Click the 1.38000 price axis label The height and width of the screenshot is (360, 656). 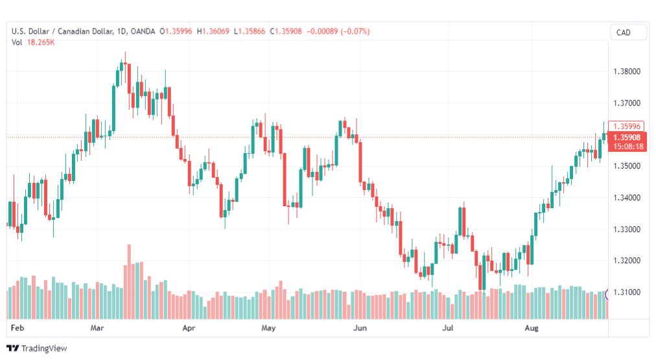tap(627, 71)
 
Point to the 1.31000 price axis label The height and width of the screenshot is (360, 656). tap(627, 292)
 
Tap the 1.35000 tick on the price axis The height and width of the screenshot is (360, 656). tap(627, 166)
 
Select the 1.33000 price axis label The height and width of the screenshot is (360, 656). tap(627, 230)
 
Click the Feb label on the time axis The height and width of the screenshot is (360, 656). tap(17, 328)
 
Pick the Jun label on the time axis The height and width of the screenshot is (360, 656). tap(360, 328)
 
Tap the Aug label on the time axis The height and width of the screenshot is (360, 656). tap(532, 328)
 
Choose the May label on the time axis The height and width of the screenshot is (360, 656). tap(268, 328)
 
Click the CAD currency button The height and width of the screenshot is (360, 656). tap(624, 32)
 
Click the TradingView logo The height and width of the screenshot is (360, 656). tap(37, 348)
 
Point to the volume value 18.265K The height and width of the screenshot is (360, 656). tap(41, 42)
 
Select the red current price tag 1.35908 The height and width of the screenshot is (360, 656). tap(627, 138)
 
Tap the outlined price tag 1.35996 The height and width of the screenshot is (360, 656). tap(627, 126)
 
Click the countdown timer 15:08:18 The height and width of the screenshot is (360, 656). tap(628, 147)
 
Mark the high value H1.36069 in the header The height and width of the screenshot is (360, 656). tap(213, 31)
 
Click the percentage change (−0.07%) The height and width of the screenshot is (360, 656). tap(355, 31)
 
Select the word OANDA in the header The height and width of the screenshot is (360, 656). tap(143, 31)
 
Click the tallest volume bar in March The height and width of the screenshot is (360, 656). tap(129, 282)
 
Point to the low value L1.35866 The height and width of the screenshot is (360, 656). tap(250, 31)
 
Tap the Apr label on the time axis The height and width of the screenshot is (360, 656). tap(189, 328)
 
